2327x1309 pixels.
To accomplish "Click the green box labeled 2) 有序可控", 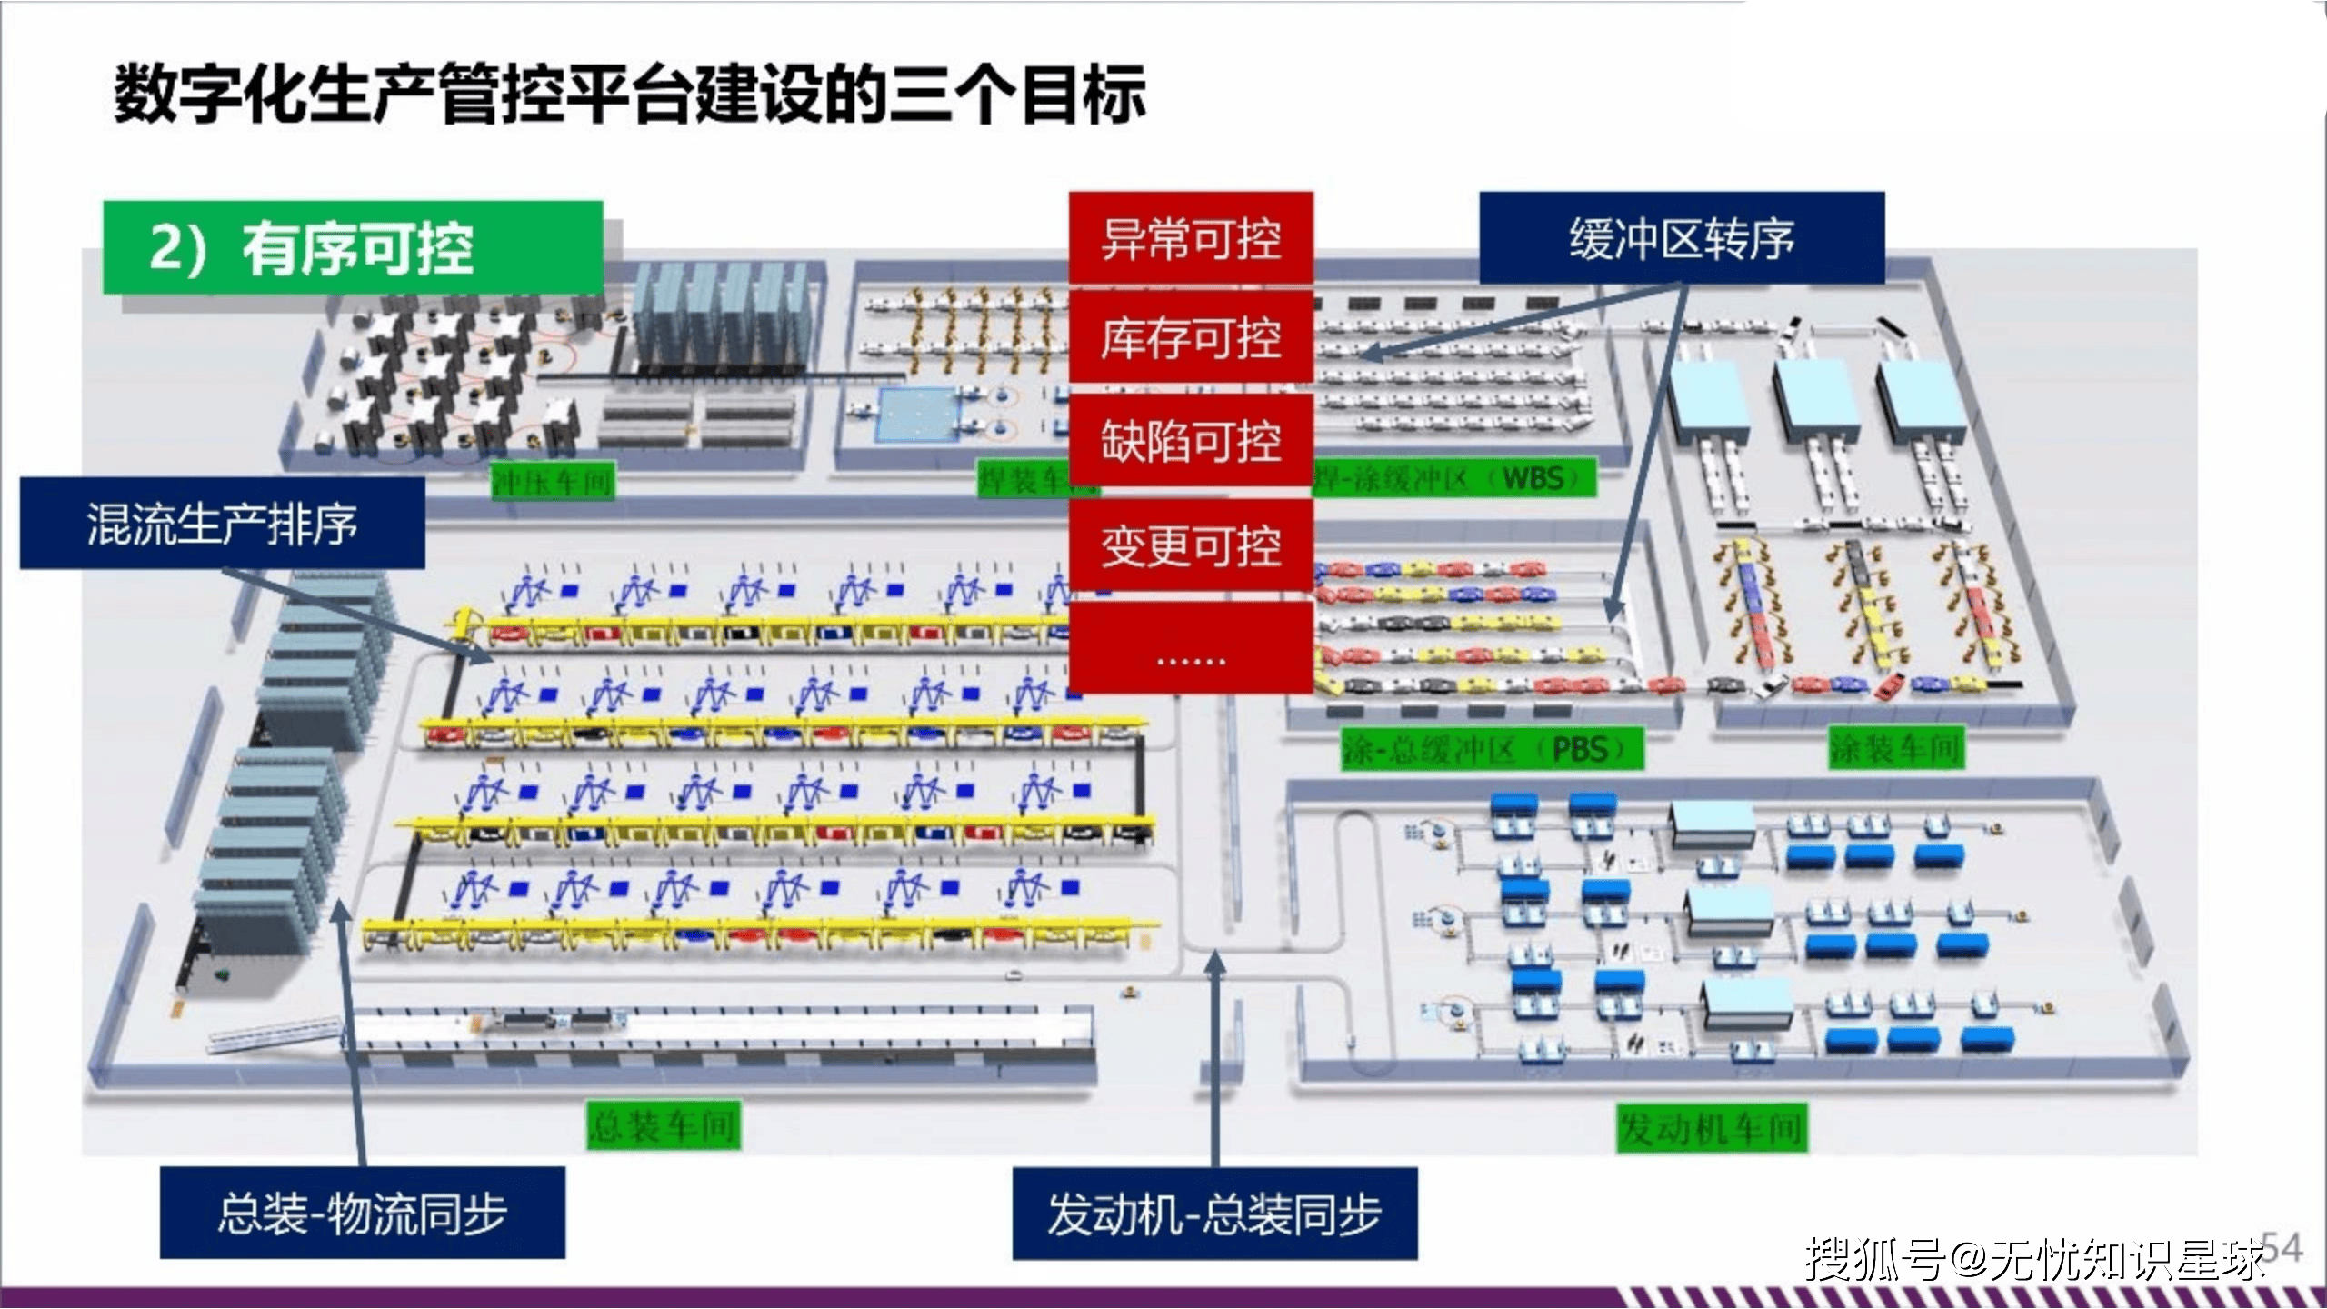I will click(353, 247).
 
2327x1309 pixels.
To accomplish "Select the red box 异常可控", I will click(1191, 238).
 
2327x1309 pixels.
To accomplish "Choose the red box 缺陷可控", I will click(1191, 441).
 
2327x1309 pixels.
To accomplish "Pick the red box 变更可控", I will click(1191, 545).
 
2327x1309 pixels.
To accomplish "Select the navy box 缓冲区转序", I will click(1682, 238).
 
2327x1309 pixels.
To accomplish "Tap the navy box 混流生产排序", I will click(222, 524).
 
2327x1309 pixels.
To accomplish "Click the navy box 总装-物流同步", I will click(362, 1213).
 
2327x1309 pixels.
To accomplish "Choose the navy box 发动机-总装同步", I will click(1214, 1214).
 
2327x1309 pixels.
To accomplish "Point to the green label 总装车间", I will click(663, 1126).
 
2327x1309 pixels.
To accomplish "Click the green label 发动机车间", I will click(1711, 1128).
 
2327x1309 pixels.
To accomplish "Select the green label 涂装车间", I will click(1896, 748).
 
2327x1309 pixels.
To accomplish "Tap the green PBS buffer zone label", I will click(1491, 750).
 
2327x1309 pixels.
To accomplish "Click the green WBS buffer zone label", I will click(1454, 478).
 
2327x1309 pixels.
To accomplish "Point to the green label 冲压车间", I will click(553, 481).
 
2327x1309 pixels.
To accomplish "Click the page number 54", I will click(2282, 1247).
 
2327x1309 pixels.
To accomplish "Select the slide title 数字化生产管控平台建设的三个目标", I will click(629, 95).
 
